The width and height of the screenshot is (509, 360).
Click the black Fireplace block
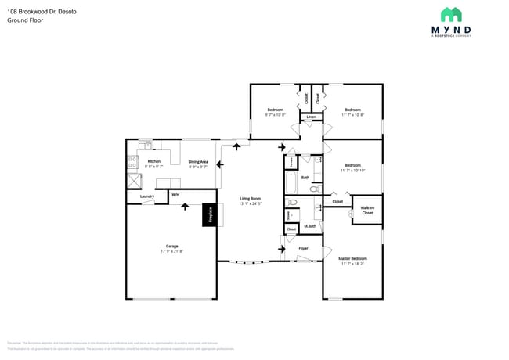[x=209, y=214]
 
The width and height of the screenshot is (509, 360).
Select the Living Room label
[x=250, y=199]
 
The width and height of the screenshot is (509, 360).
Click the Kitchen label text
[x=153, y=162]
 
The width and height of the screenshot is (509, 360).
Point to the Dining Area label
[x=198, y=162]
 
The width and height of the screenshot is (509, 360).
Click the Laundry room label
[x=146, y=196]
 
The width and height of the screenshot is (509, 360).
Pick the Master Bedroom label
[x=352, y=258]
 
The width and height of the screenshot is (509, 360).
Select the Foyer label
[x=303, y=249]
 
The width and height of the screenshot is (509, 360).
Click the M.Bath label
[x=309, y=226]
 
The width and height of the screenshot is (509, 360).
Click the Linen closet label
[x=311, y=117]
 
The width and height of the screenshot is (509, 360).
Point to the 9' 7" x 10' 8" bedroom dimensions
[x=275, y=115]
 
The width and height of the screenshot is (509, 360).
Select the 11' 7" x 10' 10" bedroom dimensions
[x=352, y=170]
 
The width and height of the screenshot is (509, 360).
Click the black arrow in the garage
[x=185, y=206]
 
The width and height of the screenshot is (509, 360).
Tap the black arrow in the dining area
[x=221, y=164]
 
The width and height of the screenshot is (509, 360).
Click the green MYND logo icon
[x=451, y=15]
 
